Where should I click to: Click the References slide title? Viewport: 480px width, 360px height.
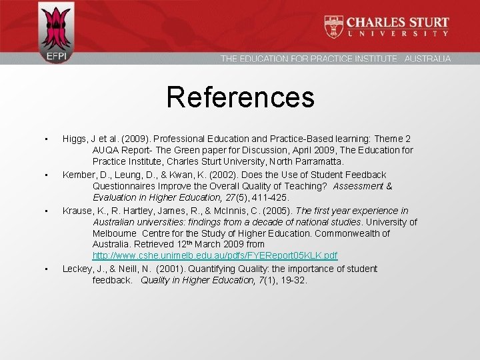(x=240, y=97)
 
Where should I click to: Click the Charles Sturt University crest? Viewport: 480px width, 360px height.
(x=334, y=27)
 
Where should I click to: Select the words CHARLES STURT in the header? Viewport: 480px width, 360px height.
(x=397, y=22)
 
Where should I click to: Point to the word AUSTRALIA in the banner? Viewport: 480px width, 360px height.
(x=427, y=59)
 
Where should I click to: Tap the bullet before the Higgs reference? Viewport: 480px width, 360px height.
(x=45, y=138)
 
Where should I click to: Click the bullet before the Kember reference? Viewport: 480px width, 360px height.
(x=45, y=175)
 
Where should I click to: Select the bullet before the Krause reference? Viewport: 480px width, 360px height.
(x=45, y=211)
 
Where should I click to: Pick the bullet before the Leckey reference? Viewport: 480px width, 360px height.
(x=45, y=269)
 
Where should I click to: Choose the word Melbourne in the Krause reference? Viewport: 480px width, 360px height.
(x=115, y=234)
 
